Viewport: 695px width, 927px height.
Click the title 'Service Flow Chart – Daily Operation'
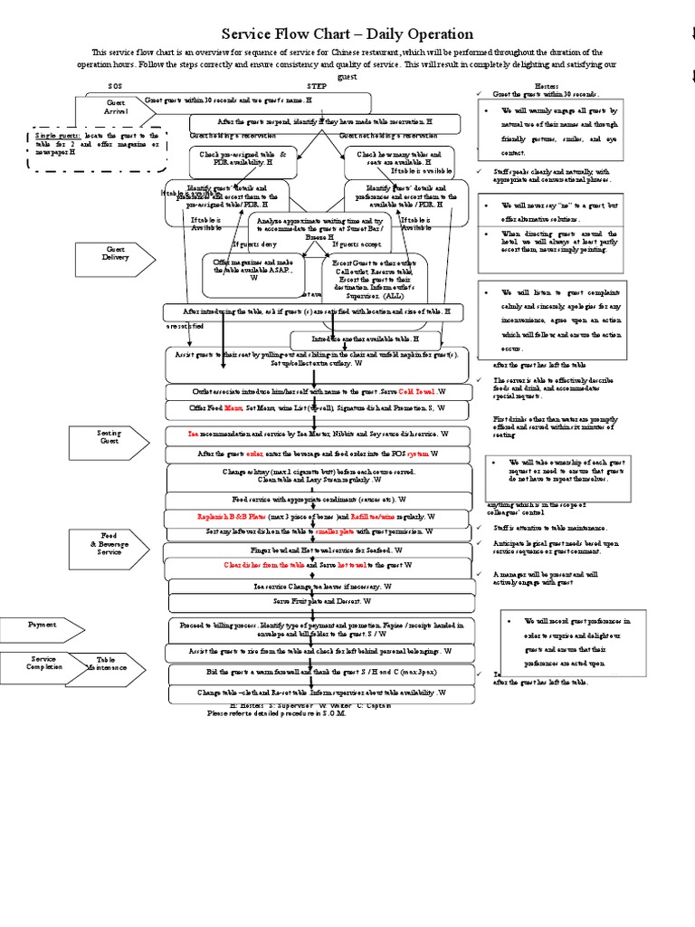coord(347,34)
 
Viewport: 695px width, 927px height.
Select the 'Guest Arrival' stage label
coord(116,108)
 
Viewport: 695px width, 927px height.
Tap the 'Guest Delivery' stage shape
coord(116,253)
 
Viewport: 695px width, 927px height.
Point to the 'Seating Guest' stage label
coord(109,437)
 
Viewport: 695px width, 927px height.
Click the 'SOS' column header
coord(114,85)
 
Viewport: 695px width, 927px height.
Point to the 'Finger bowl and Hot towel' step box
coord(319,550)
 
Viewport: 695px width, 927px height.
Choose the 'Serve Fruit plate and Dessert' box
coord(319,601)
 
